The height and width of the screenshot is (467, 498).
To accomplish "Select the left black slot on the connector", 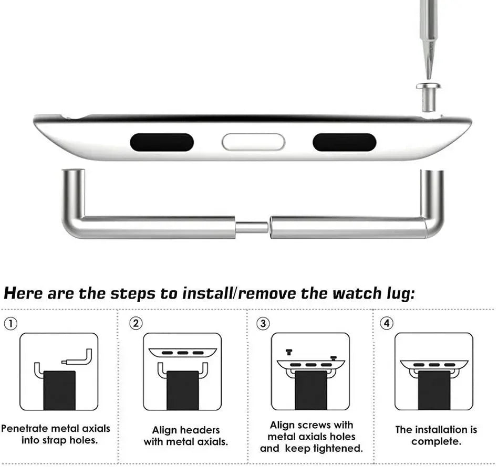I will pyautogui.click(x=162, y=142).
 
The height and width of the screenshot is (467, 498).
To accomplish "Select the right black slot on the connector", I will pyautogui.click(x=344, y=142).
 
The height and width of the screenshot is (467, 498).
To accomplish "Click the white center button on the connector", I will pyautogui.click(x=253, y=142).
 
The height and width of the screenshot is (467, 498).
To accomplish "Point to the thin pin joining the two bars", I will pyautogui.click(x=252, y=228).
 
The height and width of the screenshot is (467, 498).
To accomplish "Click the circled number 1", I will pyautogui.click(x=10, y=324).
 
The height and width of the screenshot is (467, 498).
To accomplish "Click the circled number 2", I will pyautogui.click(x=136, y=324).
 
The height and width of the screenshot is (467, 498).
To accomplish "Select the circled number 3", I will pyautogui.click(x=263, y=324).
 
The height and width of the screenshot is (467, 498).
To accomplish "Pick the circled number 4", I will pyautogui.click(x=387, y=324).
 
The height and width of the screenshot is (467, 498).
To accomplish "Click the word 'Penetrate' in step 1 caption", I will pyautogui.click(x=32, y=429).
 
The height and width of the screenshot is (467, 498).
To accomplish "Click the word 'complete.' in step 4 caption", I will pyautogui.click(x=436, y=441).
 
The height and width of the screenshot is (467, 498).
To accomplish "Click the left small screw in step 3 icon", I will pyautogui.click(x=288, y=353).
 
